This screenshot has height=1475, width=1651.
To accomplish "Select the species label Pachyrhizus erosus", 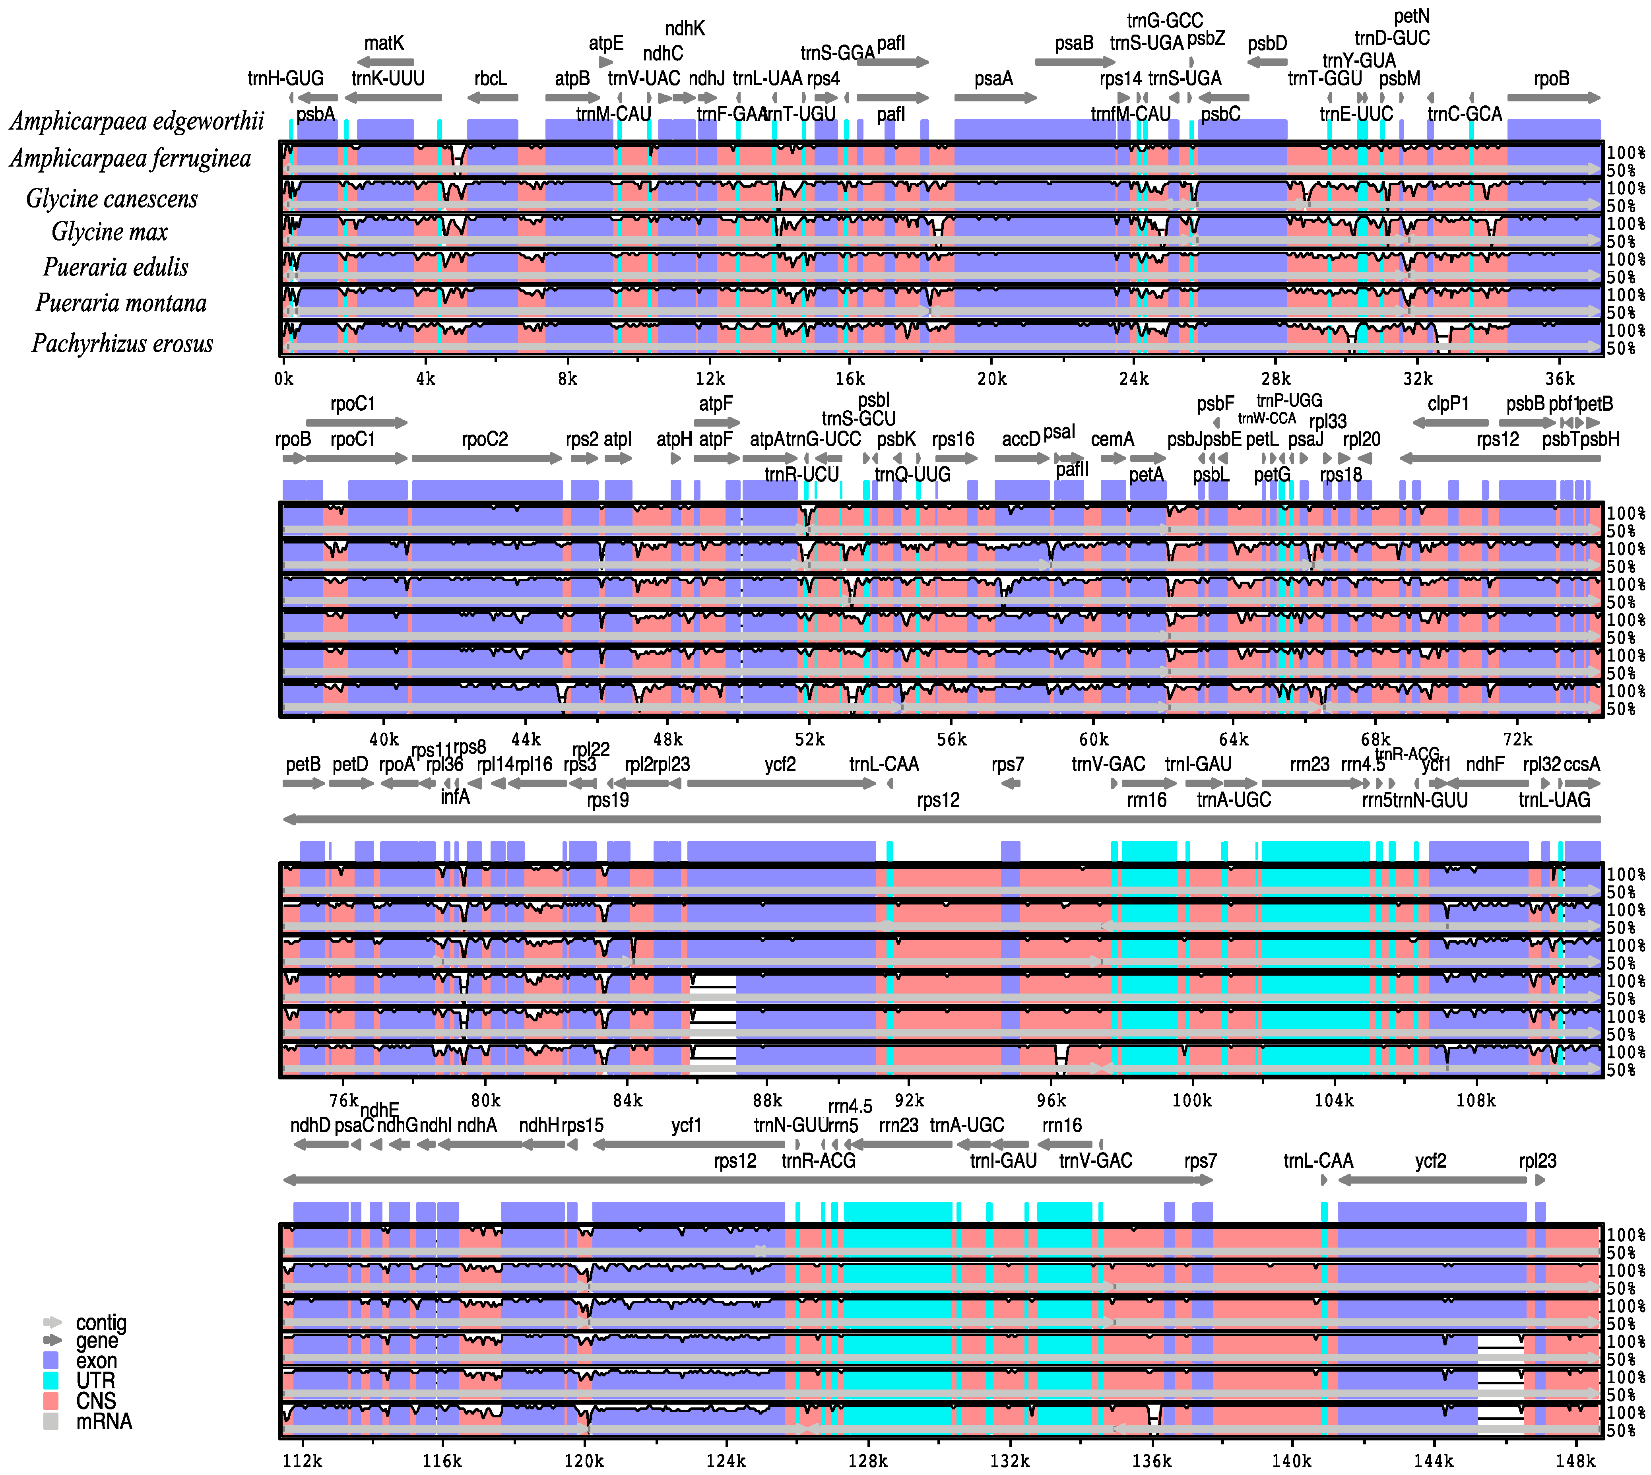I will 122,344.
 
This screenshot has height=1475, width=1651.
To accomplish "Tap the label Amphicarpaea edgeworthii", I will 136,122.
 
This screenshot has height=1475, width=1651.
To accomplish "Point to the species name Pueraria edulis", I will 116,268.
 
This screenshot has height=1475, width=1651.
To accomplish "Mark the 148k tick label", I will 1575,1461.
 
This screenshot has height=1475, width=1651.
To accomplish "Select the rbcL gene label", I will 490,79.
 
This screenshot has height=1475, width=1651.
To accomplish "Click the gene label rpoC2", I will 485,439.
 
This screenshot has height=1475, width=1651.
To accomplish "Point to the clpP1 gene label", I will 1447,404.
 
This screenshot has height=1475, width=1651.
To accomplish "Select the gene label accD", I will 1020,439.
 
